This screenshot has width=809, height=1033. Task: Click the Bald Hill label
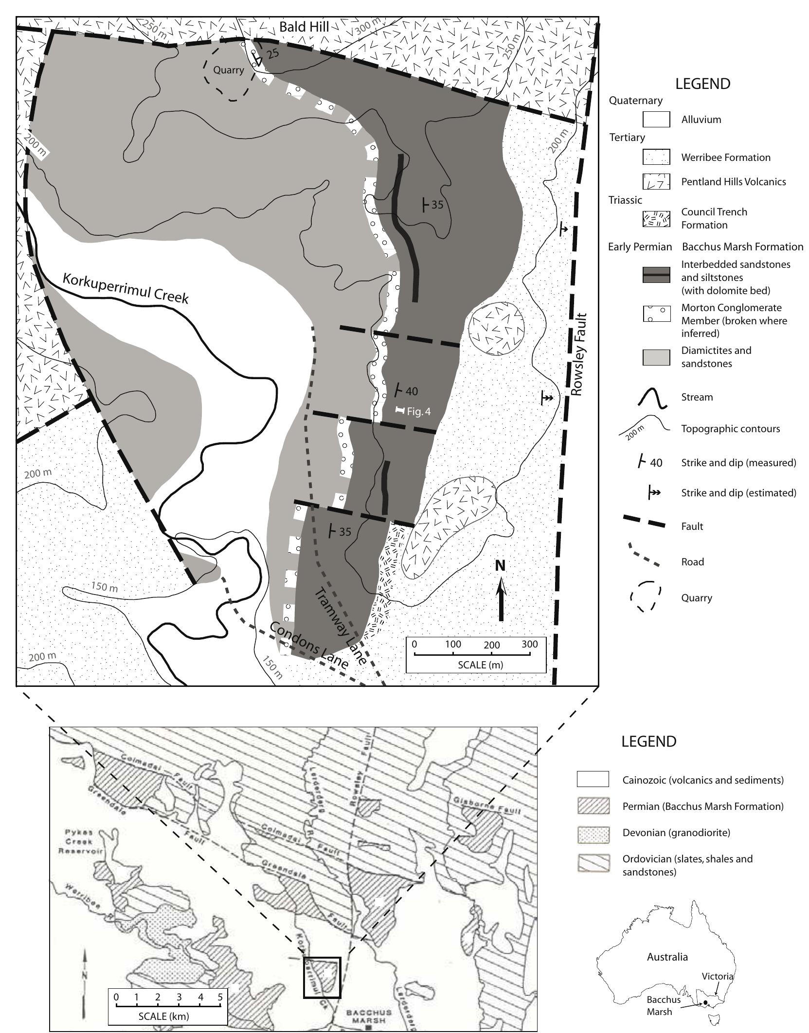click(x=304, y=27)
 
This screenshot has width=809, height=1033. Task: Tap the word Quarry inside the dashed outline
click(x=229, y=70)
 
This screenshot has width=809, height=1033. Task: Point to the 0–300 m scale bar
click(x=472, y=654)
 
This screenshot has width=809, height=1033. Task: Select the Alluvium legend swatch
click(x=656, y=120)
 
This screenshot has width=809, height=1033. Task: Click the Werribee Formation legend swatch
click(x=656, y=157)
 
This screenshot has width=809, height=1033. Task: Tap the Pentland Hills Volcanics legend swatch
click(x=656, y=182)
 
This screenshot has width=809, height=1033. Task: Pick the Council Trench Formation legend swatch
click(x=656, y=219)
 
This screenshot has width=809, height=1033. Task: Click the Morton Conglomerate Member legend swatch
click(x=656, y=314)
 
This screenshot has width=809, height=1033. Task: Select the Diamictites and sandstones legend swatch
click(x=656, y=357)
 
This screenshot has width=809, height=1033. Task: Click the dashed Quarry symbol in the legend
click(x=646, y=597)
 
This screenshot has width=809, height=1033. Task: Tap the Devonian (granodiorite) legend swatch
click(x=593, y=833)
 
